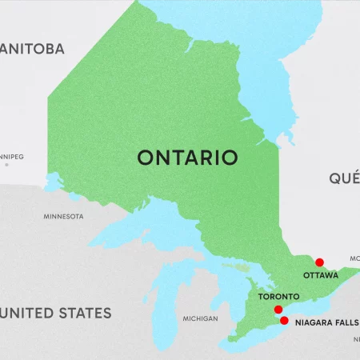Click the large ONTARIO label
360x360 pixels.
pos(187,157)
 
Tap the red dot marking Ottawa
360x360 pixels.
pos(319,262)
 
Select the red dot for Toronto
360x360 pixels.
pos(278,310)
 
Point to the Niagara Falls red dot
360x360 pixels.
pos(284,320)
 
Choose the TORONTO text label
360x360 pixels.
pos(279,297)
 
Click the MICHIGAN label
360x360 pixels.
pos(200,318)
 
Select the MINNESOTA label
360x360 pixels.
pos(63,217)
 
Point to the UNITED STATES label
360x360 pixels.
pos(56,313)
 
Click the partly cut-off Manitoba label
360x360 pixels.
pos(32,50)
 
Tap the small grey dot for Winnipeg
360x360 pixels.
pos(7,165)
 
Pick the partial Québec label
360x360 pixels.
pos(344,178)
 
